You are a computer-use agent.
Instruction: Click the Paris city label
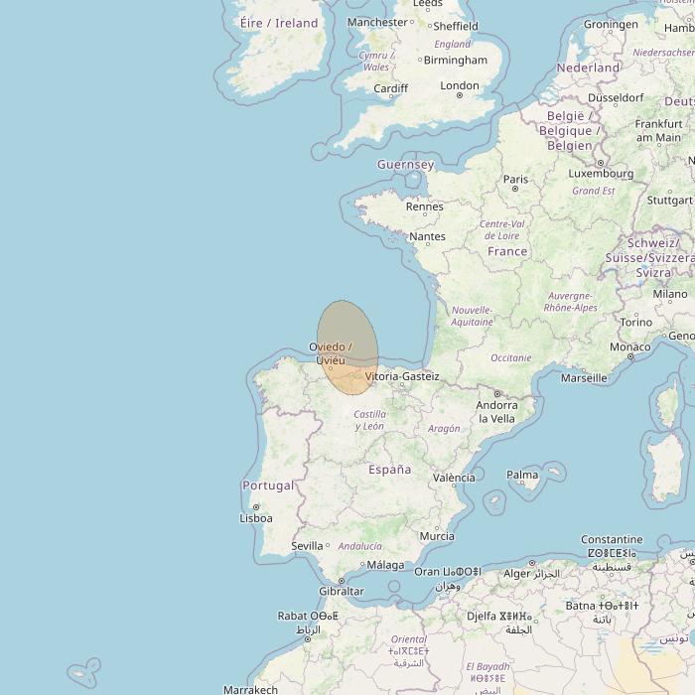[x=515, y=180]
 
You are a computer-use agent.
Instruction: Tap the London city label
[x=460, y=86]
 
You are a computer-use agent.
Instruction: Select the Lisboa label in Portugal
[x=256, y=518]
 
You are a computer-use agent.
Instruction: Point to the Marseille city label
[x=583, y=378]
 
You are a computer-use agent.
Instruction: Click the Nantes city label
[x=427, y=236]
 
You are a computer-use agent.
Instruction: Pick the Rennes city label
[x=425, y=207]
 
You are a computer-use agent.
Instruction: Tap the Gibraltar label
[x=340, y=592]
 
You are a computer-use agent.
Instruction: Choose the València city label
[x=454, y=478]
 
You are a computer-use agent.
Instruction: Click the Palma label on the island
[x=522, y=476]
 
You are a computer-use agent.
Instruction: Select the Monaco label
[x=629, y=347]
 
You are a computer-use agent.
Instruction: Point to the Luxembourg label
[x=601, y=174]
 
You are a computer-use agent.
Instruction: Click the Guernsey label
[x=405, y=165]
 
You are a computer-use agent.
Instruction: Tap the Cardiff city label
[x=390, y=88]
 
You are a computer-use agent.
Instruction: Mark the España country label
[x=389, y=470]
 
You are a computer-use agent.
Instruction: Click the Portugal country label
[x=267, y=486]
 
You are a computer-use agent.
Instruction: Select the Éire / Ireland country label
[x=279, y=23]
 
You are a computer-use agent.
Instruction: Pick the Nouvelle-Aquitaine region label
[x=472, y=316]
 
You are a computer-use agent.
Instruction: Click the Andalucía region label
[x=359, y=546]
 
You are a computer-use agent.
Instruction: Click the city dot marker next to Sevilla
[x=328, y=545]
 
